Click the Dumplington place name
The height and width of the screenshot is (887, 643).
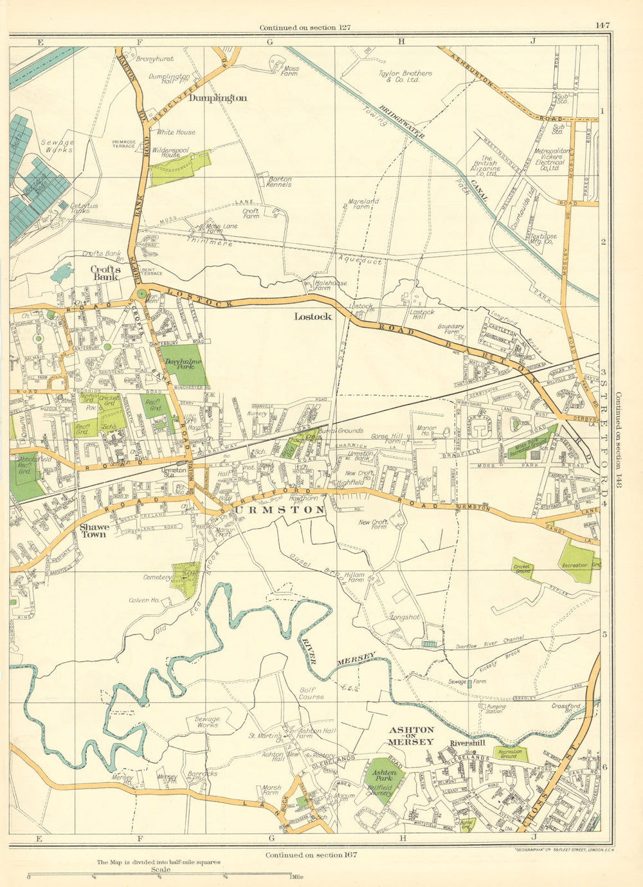coord(218,98)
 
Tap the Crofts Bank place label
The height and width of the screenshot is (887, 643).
coord(105,273)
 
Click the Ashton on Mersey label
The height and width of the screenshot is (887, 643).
coord(412,736)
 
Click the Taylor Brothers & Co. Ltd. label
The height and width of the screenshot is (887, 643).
coord(404,77)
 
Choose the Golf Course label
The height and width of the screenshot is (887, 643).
coord(312,693)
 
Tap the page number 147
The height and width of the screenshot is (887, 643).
coord(602,26)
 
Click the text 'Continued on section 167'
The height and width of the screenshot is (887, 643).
coord(311,855)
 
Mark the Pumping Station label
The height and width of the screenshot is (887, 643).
coord(492,709)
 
